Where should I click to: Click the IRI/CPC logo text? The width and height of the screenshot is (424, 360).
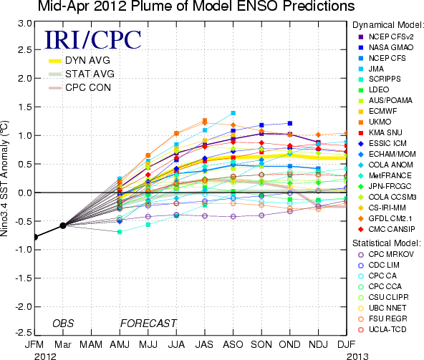click(92, 40)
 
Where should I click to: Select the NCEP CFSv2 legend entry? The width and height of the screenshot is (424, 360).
click(385, 37)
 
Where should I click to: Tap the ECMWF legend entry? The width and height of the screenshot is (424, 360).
click(377, 111)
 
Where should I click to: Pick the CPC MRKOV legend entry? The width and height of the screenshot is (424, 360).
click(385, 254)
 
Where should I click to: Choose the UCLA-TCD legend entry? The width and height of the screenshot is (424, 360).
click(382, 329)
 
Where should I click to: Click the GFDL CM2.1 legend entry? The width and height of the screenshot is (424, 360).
click(385, 218)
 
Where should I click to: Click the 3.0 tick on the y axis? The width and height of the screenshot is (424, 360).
click(25, 23)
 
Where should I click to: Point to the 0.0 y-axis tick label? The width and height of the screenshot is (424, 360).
click(25, 193)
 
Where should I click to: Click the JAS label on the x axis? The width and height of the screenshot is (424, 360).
click(205, 344)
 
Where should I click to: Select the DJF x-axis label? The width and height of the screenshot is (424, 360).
click(347, 344)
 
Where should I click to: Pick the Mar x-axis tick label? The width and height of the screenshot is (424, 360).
click(63, 344)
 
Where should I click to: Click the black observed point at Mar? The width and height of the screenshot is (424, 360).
click(63, 225)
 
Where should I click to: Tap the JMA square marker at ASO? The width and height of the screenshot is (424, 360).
click(233, 113)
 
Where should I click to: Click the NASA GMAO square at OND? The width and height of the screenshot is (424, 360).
click(290, 123)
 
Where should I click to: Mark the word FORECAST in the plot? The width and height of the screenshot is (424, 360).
click(148, 323)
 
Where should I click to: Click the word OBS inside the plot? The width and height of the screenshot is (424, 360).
click(63, 323)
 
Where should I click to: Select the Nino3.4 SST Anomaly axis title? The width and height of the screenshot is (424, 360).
click(4, 178)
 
